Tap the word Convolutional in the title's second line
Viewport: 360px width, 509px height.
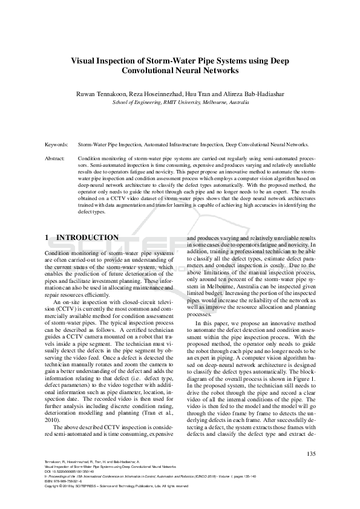click(x=152, y=71)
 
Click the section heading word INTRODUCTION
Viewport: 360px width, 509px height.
click(x=87, y=238)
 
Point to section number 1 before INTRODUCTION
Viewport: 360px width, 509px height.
click(x=48, y=238)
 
